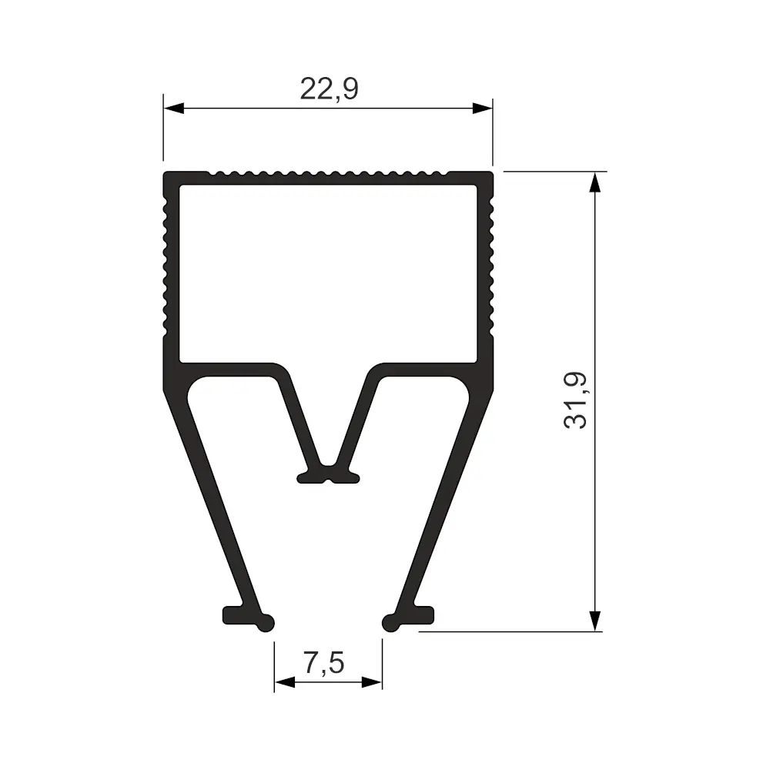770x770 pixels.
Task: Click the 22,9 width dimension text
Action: [x=329, y=89]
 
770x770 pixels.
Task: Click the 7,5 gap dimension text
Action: [x=323, y=662]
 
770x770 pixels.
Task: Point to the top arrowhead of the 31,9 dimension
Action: [x=594, y=182]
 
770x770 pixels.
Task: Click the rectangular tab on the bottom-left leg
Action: [x=233, y=614]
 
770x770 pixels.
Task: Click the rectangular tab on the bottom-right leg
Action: [x=423, y=614]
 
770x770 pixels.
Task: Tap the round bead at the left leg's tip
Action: [x=266, y=623]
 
